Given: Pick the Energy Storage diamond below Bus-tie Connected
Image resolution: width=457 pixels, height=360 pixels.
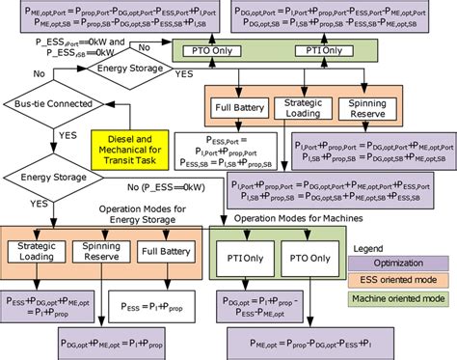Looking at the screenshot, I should tap(44, 177).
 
